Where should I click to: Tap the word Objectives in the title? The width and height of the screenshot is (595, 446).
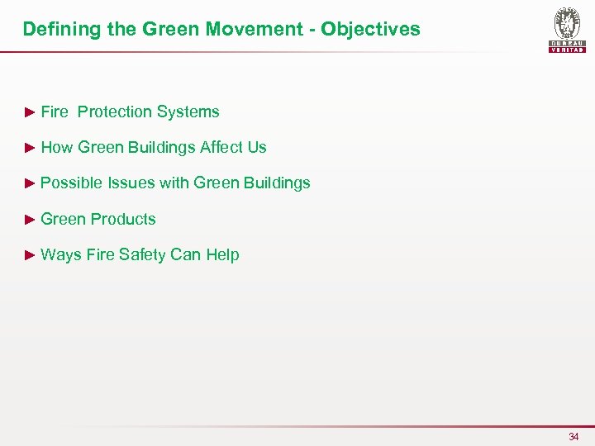370,30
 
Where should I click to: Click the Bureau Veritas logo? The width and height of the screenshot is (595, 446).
567,31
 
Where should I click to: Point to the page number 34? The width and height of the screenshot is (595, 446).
574,436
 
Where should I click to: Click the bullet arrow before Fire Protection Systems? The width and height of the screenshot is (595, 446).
30,111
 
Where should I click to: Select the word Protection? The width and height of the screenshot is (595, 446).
115,111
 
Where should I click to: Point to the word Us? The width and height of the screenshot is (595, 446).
257,147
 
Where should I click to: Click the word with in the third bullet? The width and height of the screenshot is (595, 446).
174,183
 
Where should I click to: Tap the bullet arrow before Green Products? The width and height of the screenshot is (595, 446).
30,219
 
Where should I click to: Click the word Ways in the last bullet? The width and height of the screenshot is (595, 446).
59,254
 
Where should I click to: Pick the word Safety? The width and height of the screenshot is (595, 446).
142,254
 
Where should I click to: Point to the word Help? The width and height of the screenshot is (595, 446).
222,254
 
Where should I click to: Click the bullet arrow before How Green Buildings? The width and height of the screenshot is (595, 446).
30,147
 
